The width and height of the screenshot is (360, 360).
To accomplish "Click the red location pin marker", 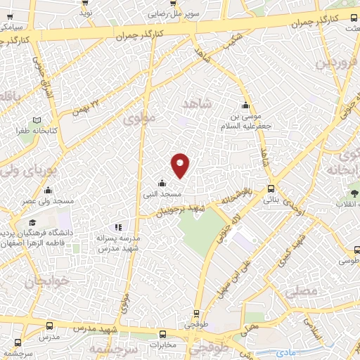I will point(181,165).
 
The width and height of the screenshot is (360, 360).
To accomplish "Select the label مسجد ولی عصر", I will point(48,201).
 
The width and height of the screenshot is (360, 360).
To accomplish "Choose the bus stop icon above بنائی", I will point(271,188).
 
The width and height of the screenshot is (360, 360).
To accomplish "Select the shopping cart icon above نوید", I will point(85,3).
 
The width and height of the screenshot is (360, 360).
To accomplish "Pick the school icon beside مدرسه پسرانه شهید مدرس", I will point(118,227).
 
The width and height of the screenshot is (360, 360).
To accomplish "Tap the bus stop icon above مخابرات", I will point(163,335).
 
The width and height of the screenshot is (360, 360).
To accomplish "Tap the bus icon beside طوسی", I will point(357,250).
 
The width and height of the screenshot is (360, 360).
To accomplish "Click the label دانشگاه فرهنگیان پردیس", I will point(39,233).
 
